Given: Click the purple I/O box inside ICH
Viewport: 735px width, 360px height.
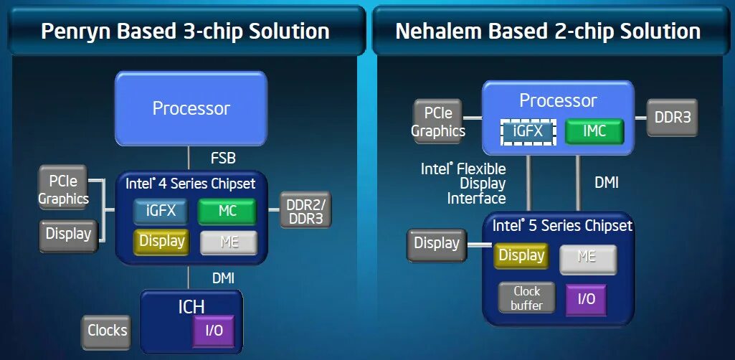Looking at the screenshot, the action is pyautogui.click(x=213, y=331).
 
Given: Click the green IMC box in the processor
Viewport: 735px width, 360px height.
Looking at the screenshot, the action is pyautogui.click(x=594, y=131).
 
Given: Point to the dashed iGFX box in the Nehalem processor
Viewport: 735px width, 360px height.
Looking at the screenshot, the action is pyautogui.click(x=528, y=131).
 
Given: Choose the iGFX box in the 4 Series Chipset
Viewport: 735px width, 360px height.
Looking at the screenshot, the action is pyautogui.click(x=160, y=211).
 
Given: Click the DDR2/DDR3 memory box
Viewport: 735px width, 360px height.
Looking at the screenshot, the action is pyautogui.click(x=305, y=210).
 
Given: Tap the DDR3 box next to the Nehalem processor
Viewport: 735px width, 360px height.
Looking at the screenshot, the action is pyautogui.click(x=672, y=117).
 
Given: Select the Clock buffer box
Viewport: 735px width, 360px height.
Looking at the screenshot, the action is pyautogui.click(x=526, y=298).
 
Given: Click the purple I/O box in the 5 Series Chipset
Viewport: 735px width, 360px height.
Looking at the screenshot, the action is pyautogui.click(x=586, y=298).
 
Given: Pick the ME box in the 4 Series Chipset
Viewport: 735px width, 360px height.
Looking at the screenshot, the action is pyautogui.click(x=229, y=242).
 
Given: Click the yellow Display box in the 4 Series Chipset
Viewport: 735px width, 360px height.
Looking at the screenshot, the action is pyautogui.click(x=161, y=242).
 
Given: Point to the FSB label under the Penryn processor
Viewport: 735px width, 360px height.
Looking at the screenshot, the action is pyautogui.click(x=223, y=158).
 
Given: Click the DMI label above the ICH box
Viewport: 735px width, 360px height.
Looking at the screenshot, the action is pyautogui.click(x=223, y=277).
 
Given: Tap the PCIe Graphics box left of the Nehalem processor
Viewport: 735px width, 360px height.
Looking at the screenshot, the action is pyautogui.click(x=438, y=122).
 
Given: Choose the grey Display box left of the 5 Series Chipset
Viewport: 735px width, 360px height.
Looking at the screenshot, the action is pyautogui.click(x=436, y=244).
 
